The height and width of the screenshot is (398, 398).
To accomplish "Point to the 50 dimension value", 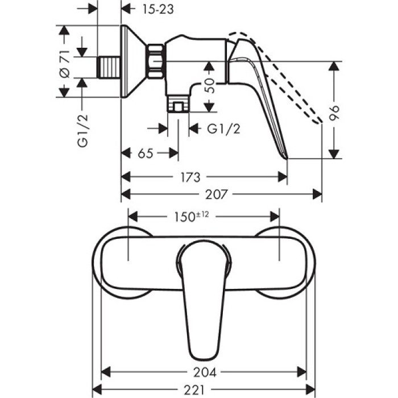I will (210, 86).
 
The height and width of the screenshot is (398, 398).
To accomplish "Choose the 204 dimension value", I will (204, 373).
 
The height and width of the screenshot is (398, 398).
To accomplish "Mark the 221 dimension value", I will (204, 391).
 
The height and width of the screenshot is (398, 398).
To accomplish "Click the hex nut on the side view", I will (155, 61).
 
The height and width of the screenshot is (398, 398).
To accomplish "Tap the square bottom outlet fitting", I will (178, 105).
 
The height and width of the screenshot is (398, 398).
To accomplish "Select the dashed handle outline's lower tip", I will (319, 120).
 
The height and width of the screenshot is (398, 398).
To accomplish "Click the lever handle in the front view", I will (204, 296).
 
